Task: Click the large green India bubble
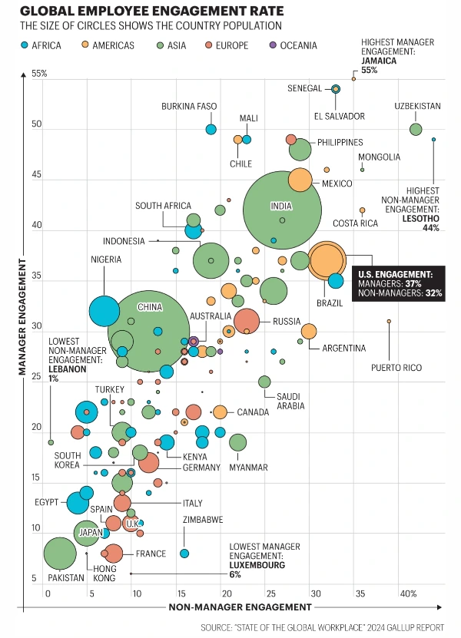(282, 210)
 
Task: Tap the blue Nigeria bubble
(104, 311)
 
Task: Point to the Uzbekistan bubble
(416, 129)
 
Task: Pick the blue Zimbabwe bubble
(184, 553)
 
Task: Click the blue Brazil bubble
(336, 281)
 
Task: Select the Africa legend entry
(43, 45)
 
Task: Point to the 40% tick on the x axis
(408, 593)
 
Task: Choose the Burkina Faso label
(189, 106)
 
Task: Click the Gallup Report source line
(322, 627)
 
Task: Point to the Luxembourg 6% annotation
(257, 560)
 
